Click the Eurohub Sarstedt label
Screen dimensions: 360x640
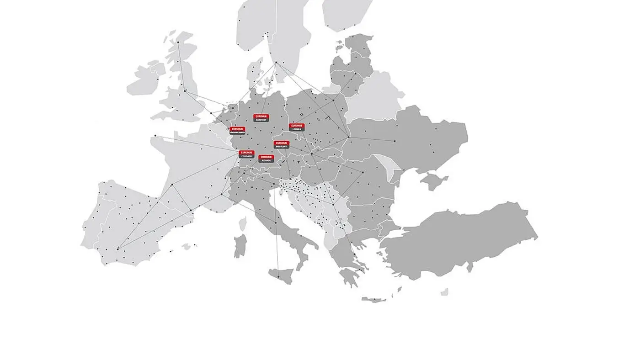coord(261,118)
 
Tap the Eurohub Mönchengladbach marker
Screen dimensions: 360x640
coord(237,131)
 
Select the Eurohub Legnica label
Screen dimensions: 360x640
coord(297,127)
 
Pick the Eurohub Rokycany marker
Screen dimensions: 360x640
coord(281,145)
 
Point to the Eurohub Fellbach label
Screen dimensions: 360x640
coord(246,154)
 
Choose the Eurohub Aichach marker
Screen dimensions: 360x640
coord(266,159)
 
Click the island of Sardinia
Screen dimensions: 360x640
coord(240,246)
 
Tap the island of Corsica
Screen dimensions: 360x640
coord(243,223)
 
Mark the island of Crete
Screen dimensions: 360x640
coord(373,300)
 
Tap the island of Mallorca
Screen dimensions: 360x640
coord(187,247)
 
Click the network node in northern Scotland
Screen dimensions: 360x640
coord(178,42)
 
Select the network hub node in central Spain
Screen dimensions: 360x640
coord(118,249)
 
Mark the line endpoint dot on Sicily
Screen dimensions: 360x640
coord(277,276)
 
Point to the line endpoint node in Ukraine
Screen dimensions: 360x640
coord(395,141)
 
